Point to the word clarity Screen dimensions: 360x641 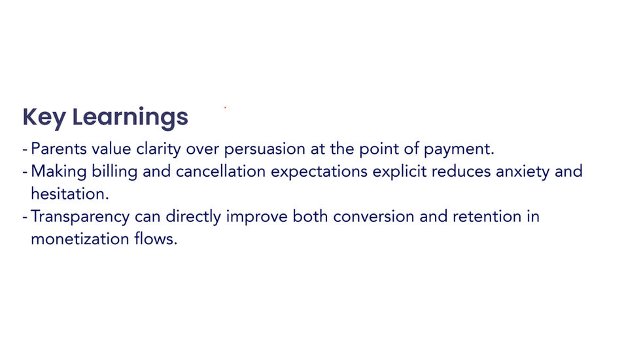tap(159, 149)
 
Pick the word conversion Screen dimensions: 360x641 tap(373, 217)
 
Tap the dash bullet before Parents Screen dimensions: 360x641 tap(25, 150)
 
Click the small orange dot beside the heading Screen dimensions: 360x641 tap(226, 107)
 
